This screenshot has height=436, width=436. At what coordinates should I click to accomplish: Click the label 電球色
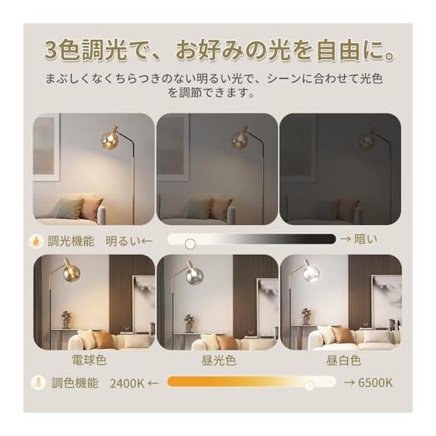pyautogui.click(x=89, y=360)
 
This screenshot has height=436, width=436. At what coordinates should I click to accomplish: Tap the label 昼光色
pyautogui.click(x=219, y=360)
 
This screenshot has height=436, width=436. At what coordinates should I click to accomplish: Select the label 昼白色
pyautogui.click(x=343, y=360)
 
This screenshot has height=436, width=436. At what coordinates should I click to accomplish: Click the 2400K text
pyautogui.click(x=127, y=383)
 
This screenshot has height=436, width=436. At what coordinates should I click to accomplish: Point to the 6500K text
pyautogui.click(x=375, y=383)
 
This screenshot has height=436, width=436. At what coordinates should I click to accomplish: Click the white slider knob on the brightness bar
pyautogui.click(x=190, y=244)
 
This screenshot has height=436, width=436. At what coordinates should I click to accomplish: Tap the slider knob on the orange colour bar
pyautogui.click(x=308, y=385)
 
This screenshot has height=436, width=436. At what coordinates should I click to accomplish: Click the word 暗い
pyautogui.click(x=366, y=239)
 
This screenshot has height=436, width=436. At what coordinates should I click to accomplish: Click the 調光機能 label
pyautogui.click(x=71, y=241)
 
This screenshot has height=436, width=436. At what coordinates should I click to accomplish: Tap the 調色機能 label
pyautogui.click(x=75, y=383)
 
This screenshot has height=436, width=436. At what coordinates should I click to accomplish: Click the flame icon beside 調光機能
pyautogui.click(x=37, y=241)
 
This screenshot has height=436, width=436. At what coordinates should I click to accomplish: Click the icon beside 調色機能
pyautogui.click(x=38, y=382)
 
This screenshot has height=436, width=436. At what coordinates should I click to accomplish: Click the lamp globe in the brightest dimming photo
pyautogui.click(x=109, y=139)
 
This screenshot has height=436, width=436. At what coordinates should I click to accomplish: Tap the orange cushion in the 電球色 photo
pyautogui.click(x=103, y=339)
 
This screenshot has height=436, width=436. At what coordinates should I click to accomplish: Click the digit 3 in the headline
pyautogui.click(x=51, y=51)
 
